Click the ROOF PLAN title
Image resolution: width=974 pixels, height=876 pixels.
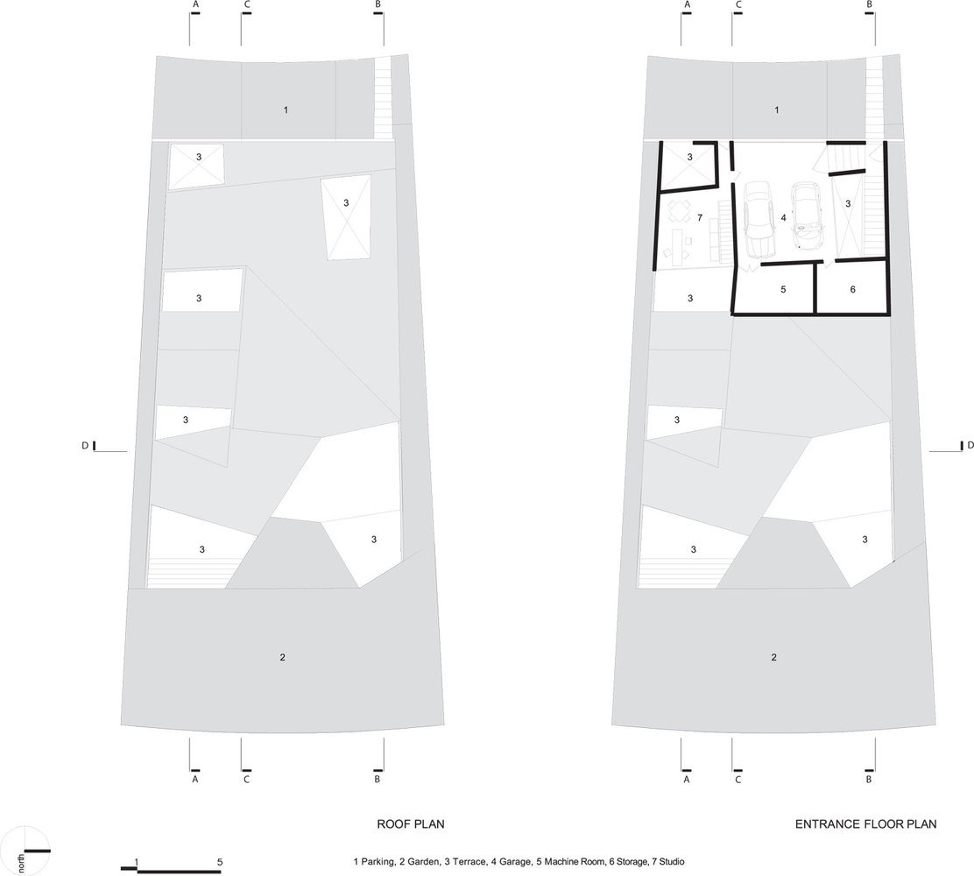pos(411,824)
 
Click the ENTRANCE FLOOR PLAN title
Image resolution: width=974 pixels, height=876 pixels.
pos(866,824)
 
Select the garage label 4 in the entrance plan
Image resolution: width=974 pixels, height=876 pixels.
pos(783,217)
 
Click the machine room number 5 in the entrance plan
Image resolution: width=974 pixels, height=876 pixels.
pos(783,289)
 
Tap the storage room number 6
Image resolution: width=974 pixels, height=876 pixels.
pos(853,289)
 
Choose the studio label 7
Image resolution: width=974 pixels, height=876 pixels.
pos(700,217)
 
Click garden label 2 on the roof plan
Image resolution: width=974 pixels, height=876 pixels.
pos(283,657)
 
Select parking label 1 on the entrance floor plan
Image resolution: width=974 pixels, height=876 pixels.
pos(776,110)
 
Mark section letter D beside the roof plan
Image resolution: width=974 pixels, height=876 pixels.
pos(84,446)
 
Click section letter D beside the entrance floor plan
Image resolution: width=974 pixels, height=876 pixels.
pos(970,445)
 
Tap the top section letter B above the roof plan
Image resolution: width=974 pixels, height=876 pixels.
pos(378,4)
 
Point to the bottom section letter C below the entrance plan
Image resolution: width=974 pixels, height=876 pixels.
pos(738,779)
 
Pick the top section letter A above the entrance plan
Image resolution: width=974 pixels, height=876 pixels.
pos(687,4)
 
